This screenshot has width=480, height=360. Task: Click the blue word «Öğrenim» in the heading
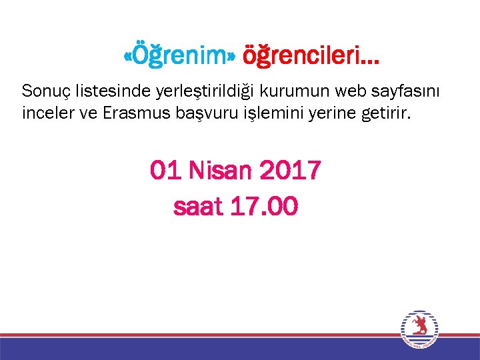pyautogui.click(x=180, y=58)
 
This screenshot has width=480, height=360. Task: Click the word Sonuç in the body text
pyautogui.click(x=44, y=90)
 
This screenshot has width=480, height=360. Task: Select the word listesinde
pyautogui.click(x=101, y=90)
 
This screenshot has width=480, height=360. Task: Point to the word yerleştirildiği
pyautogui.click(x=187, y=91)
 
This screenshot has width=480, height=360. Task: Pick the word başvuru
pyautogui.click(x=197, y=113)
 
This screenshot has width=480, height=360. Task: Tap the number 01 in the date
pyautogui.click(x=165, y=171)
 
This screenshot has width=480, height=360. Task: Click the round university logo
pyautogui.click(x=420, y=329)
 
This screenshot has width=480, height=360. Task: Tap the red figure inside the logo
pyautogui.click(x=420, y=326)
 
